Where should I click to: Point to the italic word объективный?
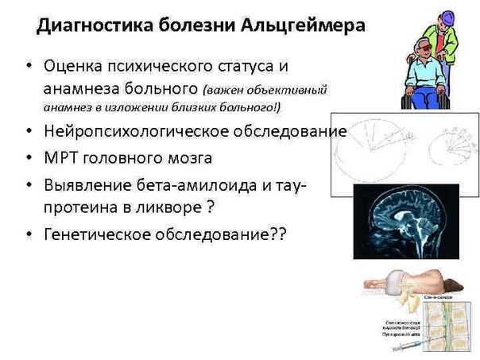tap(288, 88)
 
